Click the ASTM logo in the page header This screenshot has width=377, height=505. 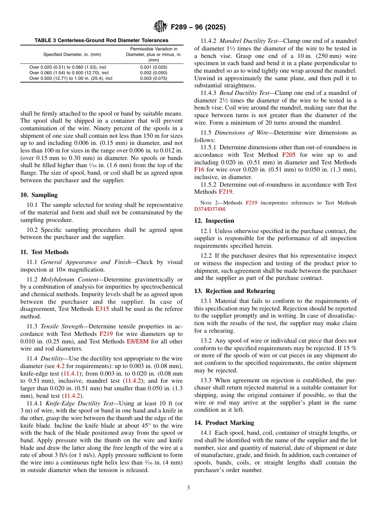coord(160,27)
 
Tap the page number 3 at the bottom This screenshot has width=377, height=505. coord(188,488)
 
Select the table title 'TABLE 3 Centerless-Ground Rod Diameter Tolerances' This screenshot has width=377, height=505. coord(102,40)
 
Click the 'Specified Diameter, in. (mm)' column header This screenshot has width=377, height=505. coord(72,54)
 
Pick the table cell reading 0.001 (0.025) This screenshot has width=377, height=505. coord(154,67)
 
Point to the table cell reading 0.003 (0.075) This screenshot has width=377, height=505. coord(154,78)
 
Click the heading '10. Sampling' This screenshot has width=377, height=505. coord(39,195)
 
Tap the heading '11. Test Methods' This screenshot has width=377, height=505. coord(44,252)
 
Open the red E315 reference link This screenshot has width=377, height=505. coord(102,309)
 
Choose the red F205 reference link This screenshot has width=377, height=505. coord(289,155)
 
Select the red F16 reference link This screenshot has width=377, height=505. coord(199,170)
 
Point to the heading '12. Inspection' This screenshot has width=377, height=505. coord(214,221)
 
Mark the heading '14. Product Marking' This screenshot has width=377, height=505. coord(224,423)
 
